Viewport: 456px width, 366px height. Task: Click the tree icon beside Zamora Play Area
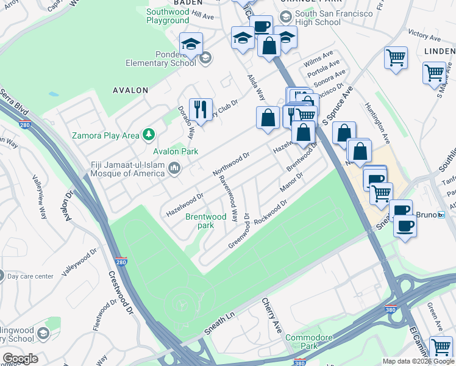(148, 134)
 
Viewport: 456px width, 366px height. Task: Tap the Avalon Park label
(176, 151)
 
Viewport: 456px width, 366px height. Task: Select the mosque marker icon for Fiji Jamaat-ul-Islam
(174, 168)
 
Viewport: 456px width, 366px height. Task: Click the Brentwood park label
(206, 221)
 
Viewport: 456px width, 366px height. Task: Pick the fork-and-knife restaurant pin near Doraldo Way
(201, 110)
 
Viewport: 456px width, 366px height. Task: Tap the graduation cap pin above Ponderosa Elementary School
(190, 44)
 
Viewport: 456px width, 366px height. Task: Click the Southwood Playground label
(168, 16)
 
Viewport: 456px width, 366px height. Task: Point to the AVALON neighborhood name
(130, 90)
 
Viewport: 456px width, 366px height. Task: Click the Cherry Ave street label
(272, 315)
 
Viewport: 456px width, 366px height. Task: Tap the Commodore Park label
(310, 342)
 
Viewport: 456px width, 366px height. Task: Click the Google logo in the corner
(20, 359)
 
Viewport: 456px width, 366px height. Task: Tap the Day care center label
(30, 276)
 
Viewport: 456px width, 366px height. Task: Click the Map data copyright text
(418, 361)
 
